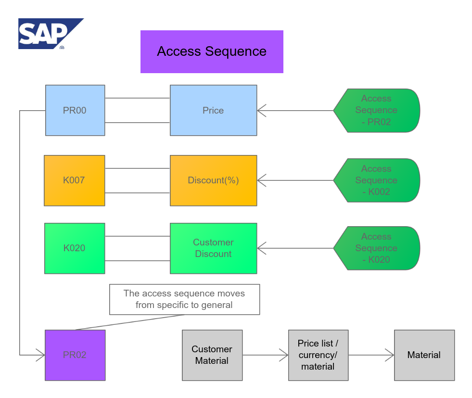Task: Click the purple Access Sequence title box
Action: [x=212, y=51]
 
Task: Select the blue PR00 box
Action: [x=75, y=110]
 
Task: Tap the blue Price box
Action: [x=213, y=110]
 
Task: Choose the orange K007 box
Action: [x=74, y=180]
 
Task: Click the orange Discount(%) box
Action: [x=213, y=180]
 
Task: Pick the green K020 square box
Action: [x=74, y=248]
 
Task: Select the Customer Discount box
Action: [x=213, y=248]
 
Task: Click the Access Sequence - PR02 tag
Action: [x=377, y=110]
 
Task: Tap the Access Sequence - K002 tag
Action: [x=377, y=180]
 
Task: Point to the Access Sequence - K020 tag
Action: [x=377, y=248]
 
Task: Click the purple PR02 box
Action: [x=75, y=355]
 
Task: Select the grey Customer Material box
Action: [x=212, y=355]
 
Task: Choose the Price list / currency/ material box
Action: [x=318, y=355]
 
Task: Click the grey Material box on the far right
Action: [x=424, y=355]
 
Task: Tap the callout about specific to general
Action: [x=184, y=299]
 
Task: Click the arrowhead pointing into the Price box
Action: [x=261, y=111]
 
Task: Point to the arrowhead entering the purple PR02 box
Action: [x=41, y=355]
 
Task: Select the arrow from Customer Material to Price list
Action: [x=265, y=355]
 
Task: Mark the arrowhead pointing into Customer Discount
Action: [x=261, y=248]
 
